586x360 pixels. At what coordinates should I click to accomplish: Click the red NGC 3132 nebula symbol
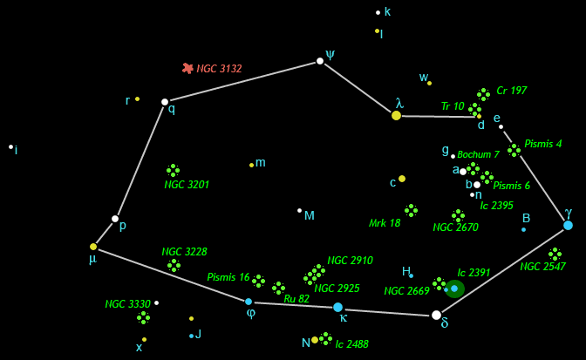tap(187, 68)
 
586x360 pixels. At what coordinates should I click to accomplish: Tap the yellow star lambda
tap(396, 115)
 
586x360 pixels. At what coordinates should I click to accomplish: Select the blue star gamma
tap(568, 225)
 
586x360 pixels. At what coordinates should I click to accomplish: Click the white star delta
tap(436, 315)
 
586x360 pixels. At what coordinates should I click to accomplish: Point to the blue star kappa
tap(337, 307)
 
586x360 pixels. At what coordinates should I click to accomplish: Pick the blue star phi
tap(249, 302)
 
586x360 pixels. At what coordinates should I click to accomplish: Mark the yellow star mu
tap(93, 247)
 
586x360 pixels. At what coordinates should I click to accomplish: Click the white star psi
tap(320, 61)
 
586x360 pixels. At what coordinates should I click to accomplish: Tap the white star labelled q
tap(165, 102)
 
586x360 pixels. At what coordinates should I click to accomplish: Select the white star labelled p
tap(115, 219)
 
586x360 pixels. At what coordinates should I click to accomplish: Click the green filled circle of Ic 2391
tap(454, 289)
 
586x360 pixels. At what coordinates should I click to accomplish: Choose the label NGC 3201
tap(187, 185)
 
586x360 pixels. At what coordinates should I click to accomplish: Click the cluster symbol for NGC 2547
tap(555, 254)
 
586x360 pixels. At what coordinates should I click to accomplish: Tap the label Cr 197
tap(512, 91)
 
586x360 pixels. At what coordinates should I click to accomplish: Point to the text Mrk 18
tap(385, 223)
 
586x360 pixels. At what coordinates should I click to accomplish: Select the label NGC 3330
tap(127, 304)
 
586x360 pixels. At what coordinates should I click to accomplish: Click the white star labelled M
tap(299, 210)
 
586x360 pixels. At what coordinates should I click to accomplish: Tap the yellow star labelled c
tap(402, 179)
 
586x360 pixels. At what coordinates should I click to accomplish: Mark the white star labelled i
tap(10, 146)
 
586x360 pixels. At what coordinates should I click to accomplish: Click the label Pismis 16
tap(228, 277)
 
